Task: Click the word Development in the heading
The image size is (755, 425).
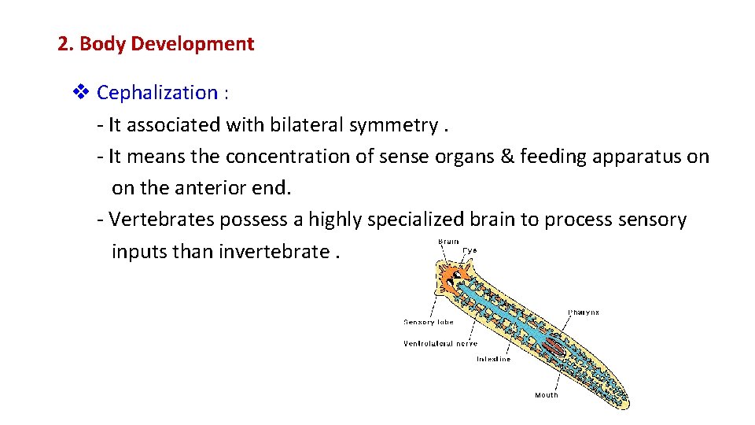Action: pyautogui.click(x=192, y=44)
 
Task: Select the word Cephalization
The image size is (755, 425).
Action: pyautogui.click(x=157, y=93)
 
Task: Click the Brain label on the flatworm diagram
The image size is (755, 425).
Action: pyautogui.click(x=448, y=242)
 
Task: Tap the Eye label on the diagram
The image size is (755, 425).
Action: pyautogui.click(x=470, y=250)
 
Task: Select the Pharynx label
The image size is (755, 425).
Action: pyautogui.click(x=584, y=312)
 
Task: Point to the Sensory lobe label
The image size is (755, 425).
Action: pyautogui.click(x=429, y=322)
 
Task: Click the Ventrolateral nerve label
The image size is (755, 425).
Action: pyautogui.click(x=440, y=343)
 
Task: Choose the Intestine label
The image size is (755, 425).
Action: pyautogui.click(x=493, y=359)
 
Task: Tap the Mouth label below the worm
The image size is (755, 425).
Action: pyautogui.click(x=546, y=394)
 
